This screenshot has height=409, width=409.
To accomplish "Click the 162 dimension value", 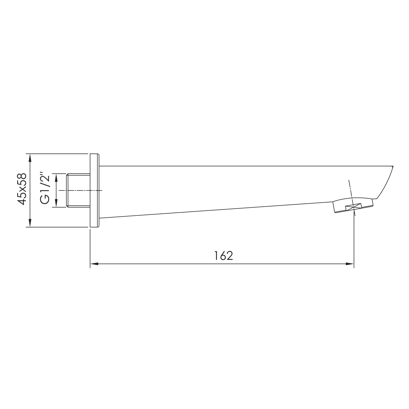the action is pos(223,256).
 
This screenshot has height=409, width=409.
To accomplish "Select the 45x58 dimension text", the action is pos(22,189).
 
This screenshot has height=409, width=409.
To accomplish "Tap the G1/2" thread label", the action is pos(45,188).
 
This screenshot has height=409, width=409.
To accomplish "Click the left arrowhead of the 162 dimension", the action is pos(94,264).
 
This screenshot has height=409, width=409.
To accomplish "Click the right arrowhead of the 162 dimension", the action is pos(350,264).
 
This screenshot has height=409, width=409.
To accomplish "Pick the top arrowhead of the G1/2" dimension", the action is pos(56,178).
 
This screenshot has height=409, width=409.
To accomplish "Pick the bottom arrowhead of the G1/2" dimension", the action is pos(56,203).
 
